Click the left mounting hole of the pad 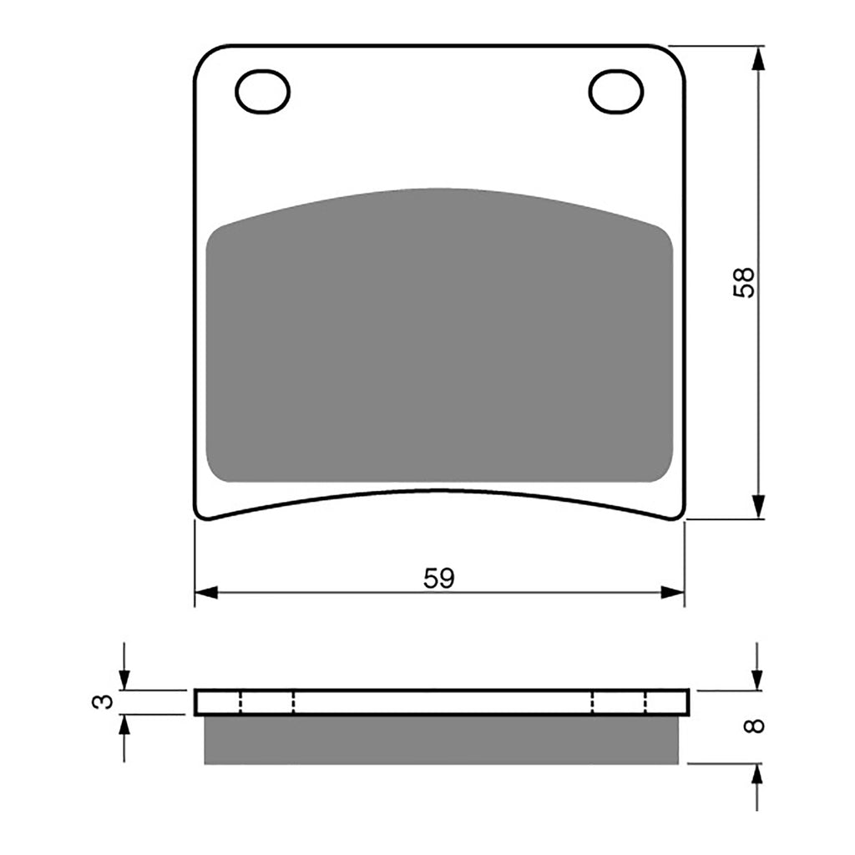(x=262, y=91)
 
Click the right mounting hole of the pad (x=615, y=91)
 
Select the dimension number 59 (x=439, y=578)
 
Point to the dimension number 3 (x=102, y=702)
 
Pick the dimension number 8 (x=756, y=726)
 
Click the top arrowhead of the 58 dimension (x=757, y=58)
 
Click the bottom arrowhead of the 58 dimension (x=757, y=506)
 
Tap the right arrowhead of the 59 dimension (x=672, y=593)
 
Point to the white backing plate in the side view (x=441, y=702)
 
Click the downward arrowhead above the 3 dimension (x=124, y=680)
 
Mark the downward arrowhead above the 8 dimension (x=756, y=680)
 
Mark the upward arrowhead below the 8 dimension (x=756, y=774)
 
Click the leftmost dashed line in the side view (x=240, y=702)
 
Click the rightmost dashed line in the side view (x=646, y=702)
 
